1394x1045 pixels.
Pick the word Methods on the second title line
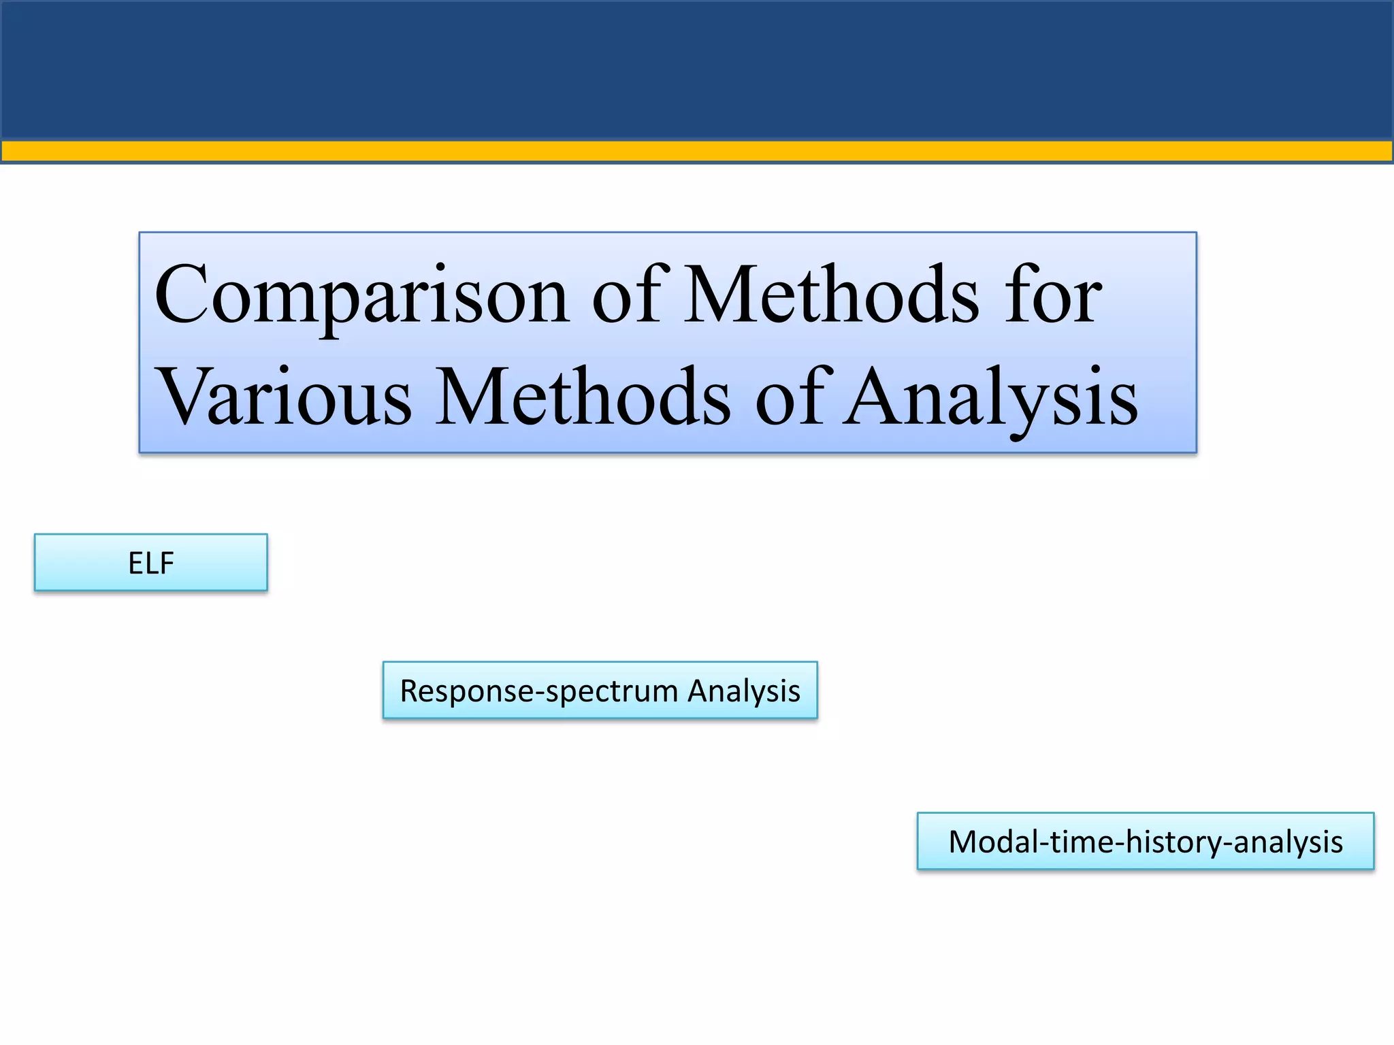click(x=583, y=397)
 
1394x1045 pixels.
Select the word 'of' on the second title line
click(x=794, y=397)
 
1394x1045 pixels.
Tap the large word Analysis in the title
click(x=990, y=397)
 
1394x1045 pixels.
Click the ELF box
click(x=151, y=563)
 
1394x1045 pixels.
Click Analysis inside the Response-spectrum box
click(x=743, y=691)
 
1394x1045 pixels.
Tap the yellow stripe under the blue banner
click(x=697, y=150)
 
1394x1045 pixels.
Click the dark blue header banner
click(x=697, y=68)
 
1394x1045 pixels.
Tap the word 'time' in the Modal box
click(x=1082, y=842)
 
